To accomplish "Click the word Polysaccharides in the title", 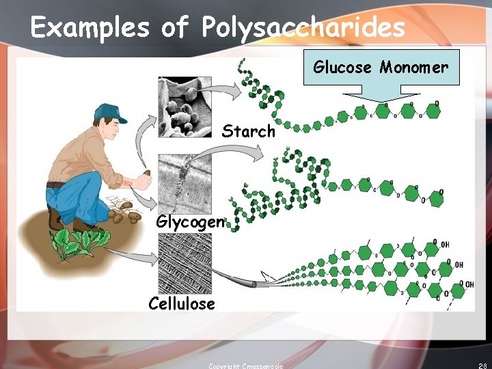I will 303,28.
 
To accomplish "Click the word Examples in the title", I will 90,28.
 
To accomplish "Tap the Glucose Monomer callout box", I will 381,67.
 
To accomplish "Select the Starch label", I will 248,131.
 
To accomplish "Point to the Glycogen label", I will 189,222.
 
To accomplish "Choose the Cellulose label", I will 181,303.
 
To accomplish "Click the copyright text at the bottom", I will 245,366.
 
